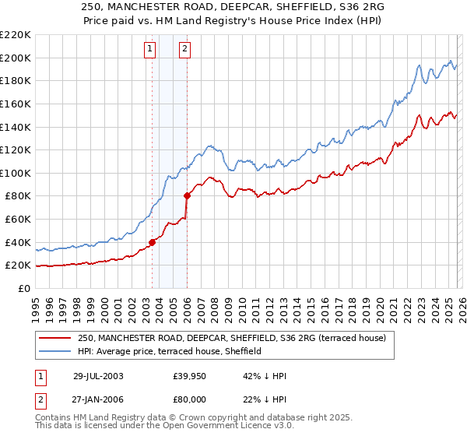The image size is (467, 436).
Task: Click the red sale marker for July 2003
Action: point(153,242)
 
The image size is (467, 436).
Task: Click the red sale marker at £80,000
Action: point(187,195)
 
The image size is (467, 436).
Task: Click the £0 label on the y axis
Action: point(23,288)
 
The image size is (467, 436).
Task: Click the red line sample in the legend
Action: point(55,338)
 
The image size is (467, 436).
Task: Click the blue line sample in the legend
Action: point(55,351)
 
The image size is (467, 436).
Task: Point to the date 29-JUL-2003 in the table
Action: point(98,376)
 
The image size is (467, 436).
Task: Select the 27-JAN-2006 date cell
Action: point(98,399)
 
